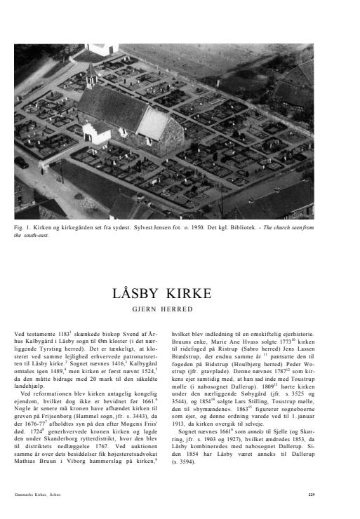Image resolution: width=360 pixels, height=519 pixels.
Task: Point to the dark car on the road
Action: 22,163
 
